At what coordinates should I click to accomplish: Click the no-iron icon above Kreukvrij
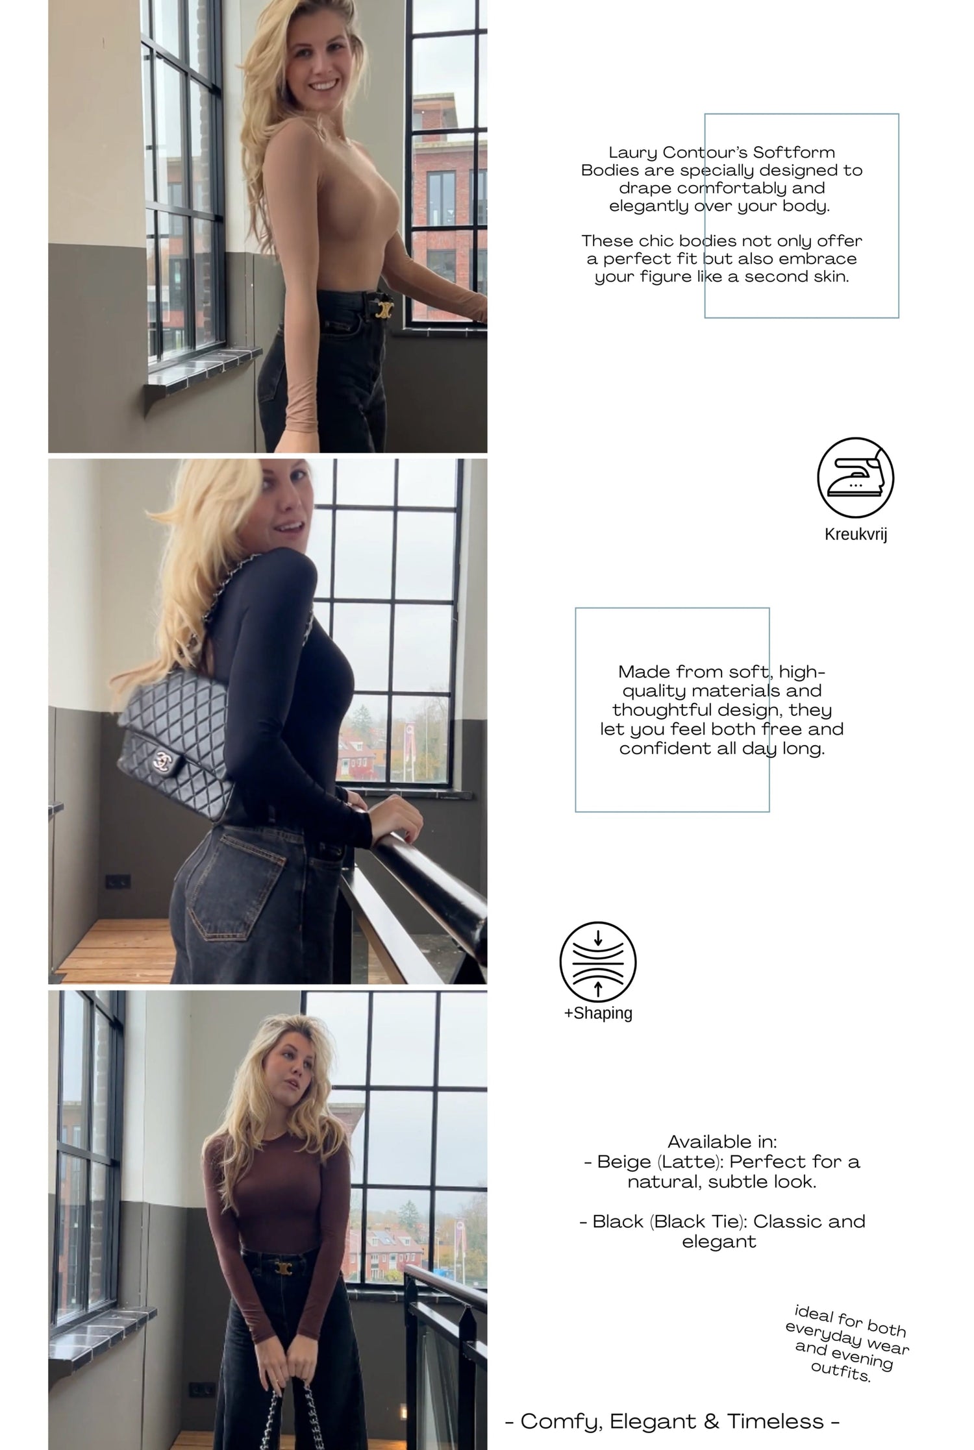(855, 477)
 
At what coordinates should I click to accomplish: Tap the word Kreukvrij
(856, 534)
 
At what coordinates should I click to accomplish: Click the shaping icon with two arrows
(598, 961)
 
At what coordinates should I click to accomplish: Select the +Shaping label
(598, 1013)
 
